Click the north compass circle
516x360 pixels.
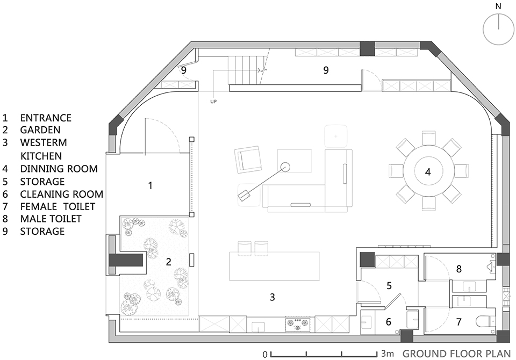[x=499, y=29]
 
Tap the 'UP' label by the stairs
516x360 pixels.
[x=213, y=102]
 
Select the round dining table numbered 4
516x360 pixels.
[x=428, y=171]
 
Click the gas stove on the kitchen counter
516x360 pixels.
[x=298, y=324]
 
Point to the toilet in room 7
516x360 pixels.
[x=486, y=321]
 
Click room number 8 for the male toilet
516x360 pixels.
[x=458, y=269]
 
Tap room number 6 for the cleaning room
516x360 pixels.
[x=388, y=321]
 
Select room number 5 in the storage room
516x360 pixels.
[x=389, y=285]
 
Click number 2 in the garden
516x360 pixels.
[x=168, y=262]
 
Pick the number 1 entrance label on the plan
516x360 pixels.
[x=150, y=185]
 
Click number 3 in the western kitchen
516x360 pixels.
[x=272, y=297]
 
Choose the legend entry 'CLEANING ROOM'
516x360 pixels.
[x=61, y=194]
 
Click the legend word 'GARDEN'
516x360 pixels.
[x=40, y=129]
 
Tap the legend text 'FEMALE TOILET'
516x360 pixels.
[x=58, y=206]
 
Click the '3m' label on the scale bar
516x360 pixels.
[x=388, y=354]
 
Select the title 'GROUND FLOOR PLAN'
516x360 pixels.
[x=457, y=354]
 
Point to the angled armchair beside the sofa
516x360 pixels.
[x=248, y=160]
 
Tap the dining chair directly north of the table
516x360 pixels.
[x=428, y=138]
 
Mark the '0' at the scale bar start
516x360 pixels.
[x=265, y=355]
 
